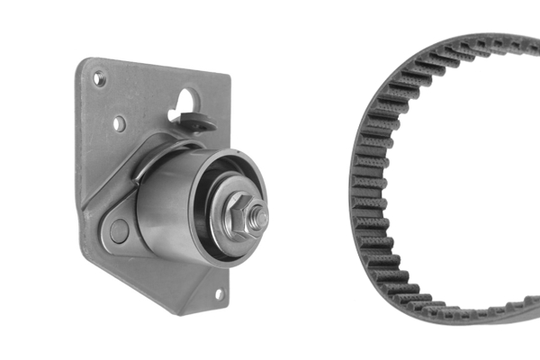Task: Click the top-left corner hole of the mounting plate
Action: (x=100, y=79)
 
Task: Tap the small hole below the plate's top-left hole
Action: (x=119, y=123)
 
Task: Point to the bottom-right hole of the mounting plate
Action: (x=218, y=292)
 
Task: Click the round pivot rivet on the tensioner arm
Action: (x=118, y=230)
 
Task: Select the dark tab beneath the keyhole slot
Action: (x=198, y=122)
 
